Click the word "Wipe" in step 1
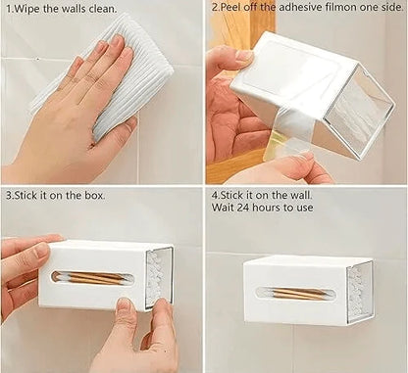pyautogui.click(x=27, y=8)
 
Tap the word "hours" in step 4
pyautogui.click(x=273, y=209)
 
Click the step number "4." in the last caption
pyautogui.click(x=216, y=195)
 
